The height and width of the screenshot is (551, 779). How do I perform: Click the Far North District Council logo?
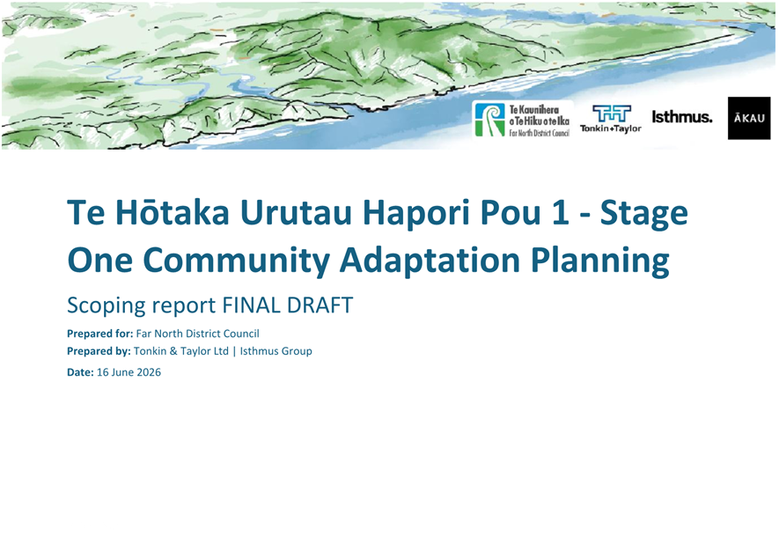tap(523, 120)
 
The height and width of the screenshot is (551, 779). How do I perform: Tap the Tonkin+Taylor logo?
tap(611, 119)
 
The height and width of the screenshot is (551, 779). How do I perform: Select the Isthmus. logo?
tap(681, 117)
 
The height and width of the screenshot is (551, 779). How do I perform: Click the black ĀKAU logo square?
tap(749, 118)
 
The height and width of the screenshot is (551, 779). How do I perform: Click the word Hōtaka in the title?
tap(173, 212)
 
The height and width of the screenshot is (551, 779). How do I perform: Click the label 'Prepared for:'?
tap(99, 334)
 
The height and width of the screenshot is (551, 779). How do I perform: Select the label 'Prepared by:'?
tap(99, 351)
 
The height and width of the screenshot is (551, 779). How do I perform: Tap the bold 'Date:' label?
tap(80, 372)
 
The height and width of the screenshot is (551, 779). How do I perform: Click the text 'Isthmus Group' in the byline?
tap(276, 351)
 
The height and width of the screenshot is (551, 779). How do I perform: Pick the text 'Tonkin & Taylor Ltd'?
tap(180, 351)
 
